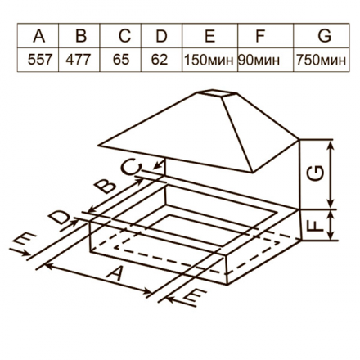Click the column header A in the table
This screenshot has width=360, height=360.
(38, 38)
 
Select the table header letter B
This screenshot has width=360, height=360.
(80, 38)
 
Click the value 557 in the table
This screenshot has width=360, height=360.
(38, 61)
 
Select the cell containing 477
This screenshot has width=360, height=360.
(80, 61)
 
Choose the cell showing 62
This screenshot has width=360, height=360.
(161, 61)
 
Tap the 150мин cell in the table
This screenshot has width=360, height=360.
(209, 61)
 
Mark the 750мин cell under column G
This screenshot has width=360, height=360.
(322, 61)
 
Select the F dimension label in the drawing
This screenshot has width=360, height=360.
(317, 223)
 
